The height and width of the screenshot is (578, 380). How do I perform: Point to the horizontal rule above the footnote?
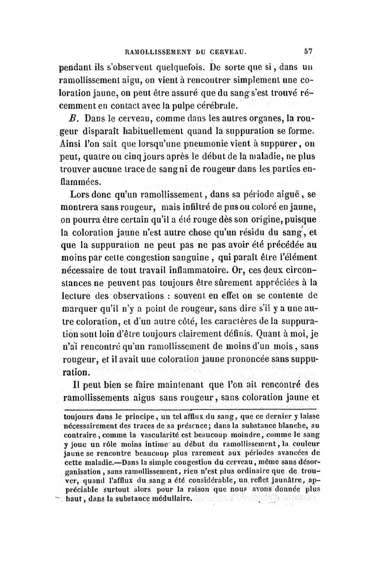coord(190,409)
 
